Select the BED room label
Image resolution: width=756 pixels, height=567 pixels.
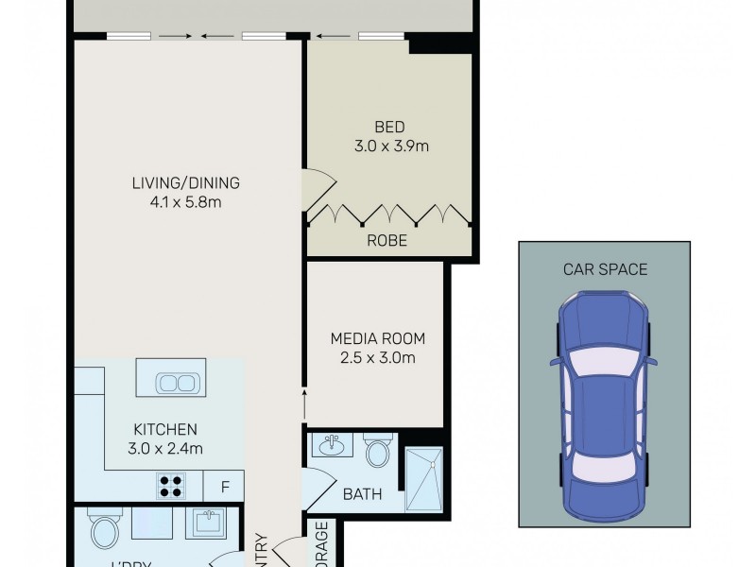tap(389, 128)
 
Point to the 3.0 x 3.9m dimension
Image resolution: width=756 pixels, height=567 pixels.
tap(389, 146)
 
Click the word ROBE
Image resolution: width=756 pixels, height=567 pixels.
tap(388, 241)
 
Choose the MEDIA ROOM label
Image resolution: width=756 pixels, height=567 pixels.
tap(377, 338)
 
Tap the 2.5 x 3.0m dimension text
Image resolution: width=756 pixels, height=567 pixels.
tap(377, 357)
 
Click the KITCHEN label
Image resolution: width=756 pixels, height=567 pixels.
tap(164, 428)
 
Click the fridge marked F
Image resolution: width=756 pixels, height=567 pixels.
tap(225, 488)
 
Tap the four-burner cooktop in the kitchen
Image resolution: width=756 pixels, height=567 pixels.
tap(170, 486)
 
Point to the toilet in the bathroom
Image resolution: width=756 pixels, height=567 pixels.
tap(378, 451)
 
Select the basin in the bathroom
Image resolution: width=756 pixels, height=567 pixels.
tap(332, 447)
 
